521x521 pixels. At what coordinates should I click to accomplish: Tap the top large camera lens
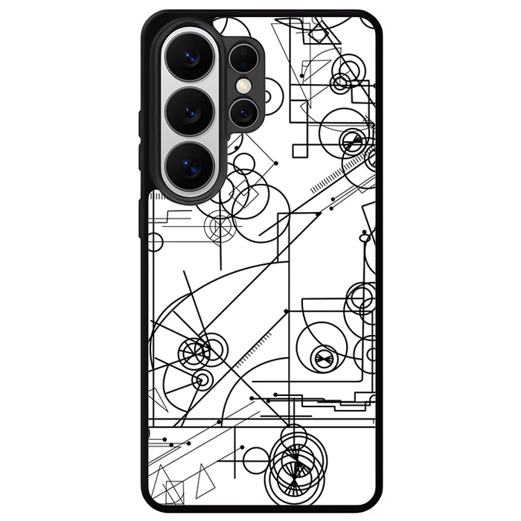click(x=189, y=58)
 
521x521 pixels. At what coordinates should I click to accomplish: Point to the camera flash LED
click(x=243, y=86)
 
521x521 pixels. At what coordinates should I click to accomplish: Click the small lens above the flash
click(x=243, y=57)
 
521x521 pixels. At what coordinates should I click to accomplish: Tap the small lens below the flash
click(x=243, y=113)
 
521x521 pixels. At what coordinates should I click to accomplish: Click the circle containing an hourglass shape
click(x=323, y=358)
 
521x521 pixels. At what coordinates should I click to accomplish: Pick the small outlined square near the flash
click(x=299, y=150)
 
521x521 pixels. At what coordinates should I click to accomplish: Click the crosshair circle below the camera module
click(x=221, y=226)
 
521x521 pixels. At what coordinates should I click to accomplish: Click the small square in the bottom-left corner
click(x=173, y=491)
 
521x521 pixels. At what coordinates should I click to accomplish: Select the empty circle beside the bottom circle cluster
click(x=255, y=459)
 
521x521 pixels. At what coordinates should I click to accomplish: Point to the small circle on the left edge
click(x=155, y=241)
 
